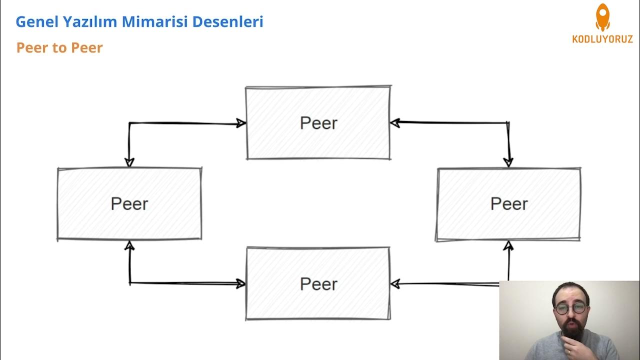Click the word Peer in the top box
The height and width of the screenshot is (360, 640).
(318, 123)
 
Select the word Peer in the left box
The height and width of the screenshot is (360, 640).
(129, 203)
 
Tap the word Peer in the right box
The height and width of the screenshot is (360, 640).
(509, 203)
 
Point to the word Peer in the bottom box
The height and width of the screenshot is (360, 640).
(318, 284)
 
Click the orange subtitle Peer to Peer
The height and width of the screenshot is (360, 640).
(59, 48)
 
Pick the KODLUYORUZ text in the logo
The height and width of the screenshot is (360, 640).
(602, 39)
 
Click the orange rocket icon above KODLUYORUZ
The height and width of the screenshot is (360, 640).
(602, 17)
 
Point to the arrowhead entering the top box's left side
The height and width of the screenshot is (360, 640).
(241, 123)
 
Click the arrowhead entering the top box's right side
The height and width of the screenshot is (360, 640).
(395, 122)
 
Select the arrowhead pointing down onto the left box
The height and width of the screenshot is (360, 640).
(129, 162)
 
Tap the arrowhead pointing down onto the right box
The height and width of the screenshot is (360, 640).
(508, 162)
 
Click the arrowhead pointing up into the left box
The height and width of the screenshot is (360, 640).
(129, 245)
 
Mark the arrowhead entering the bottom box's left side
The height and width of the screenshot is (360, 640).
(240, 284)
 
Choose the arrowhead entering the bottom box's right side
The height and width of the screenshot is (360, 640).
(395, 284)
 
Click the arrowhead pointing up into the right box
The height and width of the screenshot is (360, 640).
(508, 245)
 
